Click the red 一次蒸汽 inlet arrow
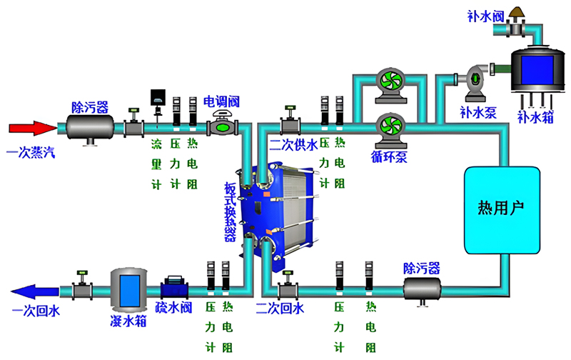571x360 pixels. pyautogui.click(x=32, y=129)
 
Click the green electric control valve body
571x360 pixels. pyautogui.click(x=223, y=128)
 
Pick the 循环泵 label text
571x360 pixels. pyautogui.click(x=388, y=158)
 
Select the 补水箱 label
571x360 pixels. pyautogui.click(x=533, y=114)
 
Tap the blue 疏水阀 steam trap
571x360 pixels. pyautogui.click(x=174, y=289)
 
